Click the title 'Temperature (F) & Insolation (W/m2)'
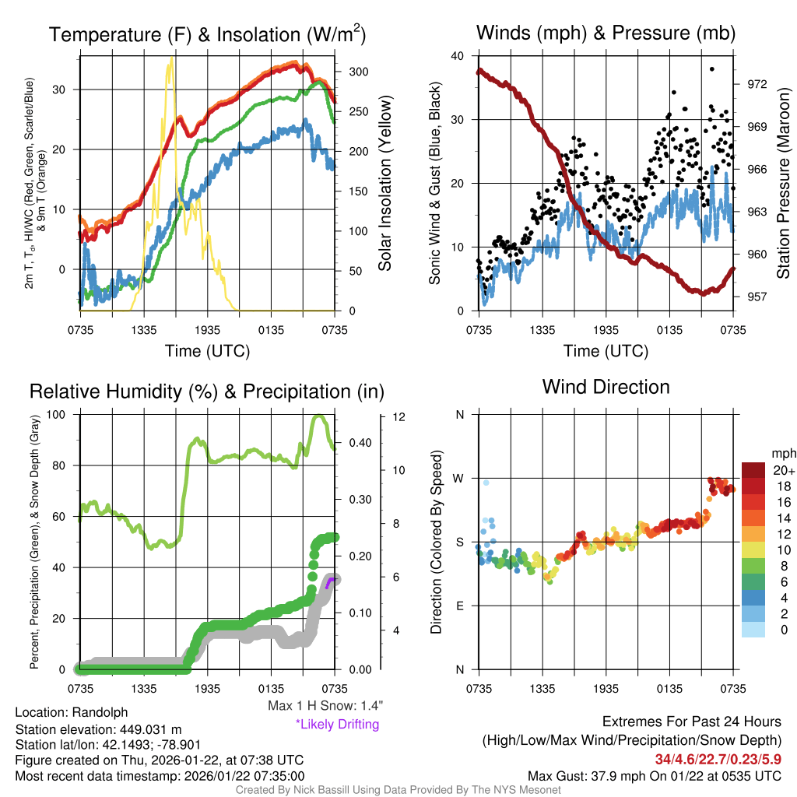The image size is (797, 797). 207,34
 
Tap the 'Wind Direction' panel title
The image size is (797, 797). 606,387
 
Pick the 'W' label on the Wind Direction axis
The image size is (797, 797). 459,478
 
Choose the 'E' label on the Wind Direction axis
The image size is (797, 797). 459,606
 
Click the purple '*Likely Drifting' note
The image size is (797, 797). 337,724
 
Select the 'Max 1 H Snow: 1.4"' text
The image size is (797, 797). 325,705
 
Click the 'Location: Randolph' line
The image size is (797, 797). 71,712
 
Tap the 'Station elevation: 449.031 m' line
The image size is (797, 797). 98,729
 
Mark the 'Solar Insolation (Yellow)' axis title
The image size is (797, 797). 385,183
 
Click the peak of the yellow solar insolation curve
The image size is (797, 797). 171,59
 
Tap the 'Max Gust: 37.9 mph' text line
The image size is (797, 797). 654,775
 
